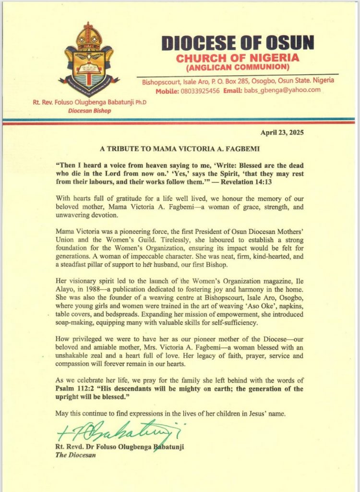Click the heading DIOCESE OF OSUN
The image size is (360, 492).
tap(238, 43)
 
